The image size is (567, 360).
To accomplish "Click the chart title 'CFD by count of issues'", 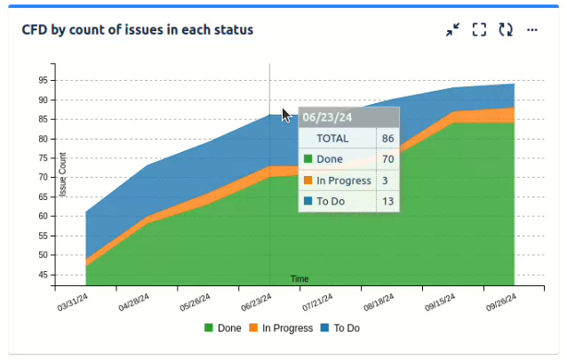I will [138, 29].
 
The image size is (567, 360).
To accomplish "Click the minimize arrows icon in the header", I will [453, 29].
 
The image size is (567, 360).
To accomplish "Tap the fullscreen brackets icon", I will [479, 29].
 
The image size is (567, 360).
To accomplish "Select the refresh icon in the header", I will [506, 29].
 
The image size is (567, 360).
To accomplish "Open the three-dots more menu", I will [532, 29].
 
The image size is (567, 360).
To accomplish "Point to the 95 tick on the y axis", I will [43, 80].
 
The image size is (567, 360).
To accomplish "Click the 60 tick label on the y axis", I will [43, 216].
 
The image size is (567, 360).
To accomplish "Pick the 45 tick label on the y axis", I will [43, 275].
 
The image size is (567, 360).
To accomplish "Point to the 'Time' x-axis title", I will [299, 279].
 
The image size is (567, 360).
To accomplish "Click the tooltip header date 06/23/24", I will [327, 116].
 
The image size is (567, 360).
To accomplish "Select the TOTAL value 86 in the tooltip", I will [387, 139].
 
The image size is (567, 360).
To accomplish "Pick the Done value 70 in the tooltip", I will [387, 159].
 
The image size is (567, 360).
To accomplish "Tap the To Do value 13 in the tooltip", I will [387, 201].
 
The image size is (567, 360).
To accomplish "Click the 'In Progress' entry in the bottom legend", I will [280, 328].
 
